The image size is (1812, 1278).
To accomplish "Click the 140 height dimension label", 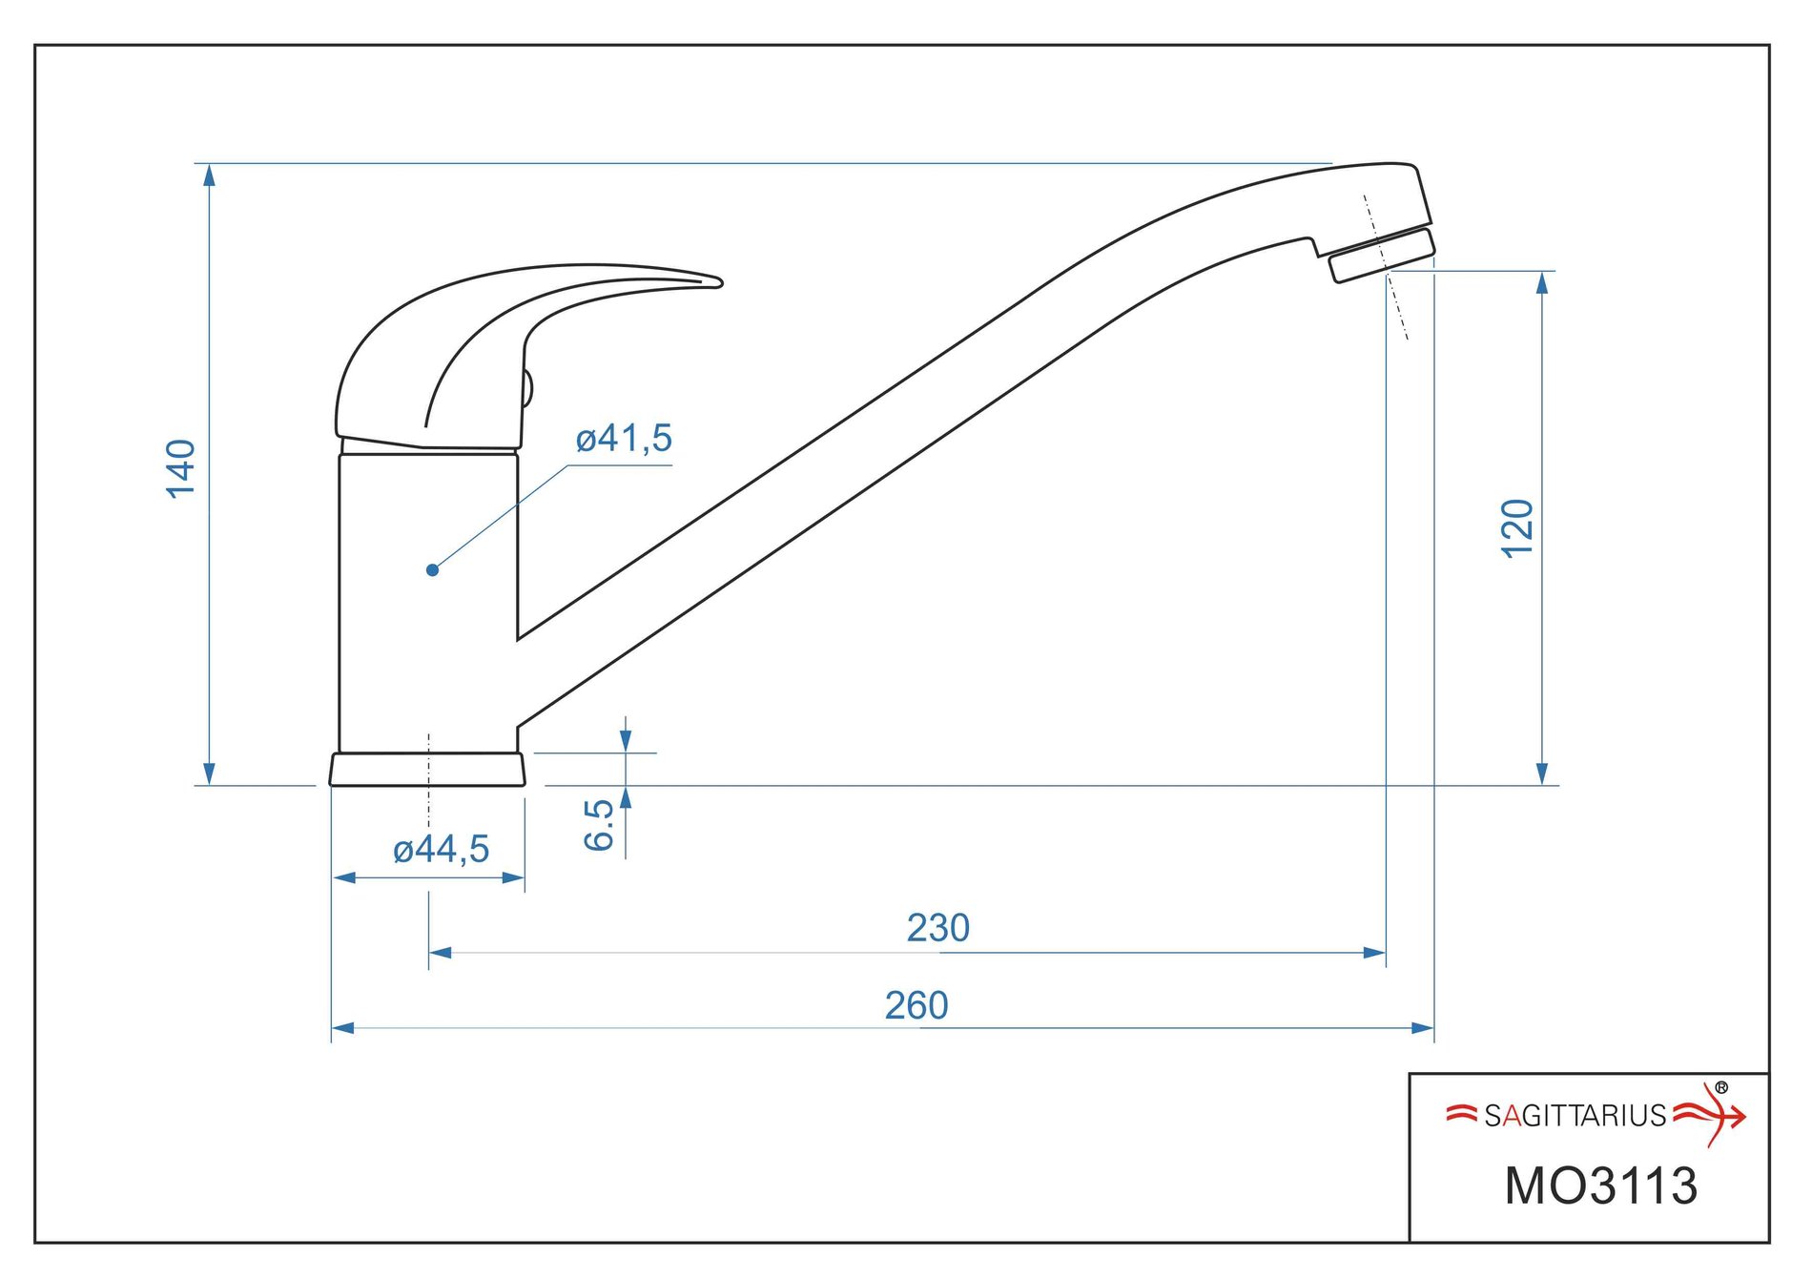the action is pos(181,468).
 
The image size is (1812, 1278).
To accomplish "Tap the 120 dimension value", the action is pos(1517,527).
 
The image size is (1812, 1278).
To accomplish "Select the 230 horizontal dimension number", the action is pos(938,928).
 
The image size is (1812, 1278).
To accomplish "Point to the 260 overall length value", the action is pos(916,1005).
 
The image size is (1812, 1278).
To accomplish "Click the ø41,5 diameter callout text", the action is pos(625,439).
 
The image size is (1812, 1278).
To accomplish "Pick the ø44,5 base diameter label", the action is pos(442,849).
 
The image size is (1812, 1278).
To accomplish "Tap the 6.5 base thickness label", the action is pos(599,825).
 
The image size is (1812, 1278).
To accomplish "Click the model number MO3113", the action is pos(1601,1185).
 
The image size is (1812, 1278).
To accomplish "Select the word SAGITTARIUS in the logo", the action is pos(1575,1115).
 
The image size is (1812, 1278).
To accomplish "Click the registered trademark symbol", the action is pos(1721,1087).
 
